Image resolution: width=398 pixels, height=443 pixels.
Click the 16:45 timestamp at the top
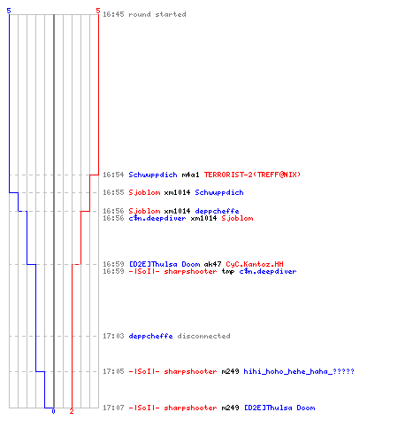coord(113,14)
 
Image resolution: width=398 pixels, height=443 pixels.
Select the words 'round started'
coord(157,14)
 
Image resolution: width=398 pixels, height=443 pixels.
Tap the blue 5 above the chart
coord(9,11)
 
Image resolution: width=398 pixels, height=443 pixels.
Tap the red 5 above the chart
coord(98,11)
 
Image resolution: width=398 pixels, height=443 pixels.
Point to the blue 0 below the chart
coord(53,411)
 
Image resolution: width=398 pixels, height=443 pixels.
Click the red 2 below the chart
coord(72,411)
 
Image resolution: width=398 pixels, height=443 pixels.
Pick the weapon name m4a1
coord(190,175)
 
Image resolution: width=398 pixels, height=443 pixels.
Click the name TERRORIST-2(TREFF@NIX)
coord(252,175)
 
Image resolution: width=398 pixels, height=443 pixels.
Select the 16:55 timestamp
coord(113,192)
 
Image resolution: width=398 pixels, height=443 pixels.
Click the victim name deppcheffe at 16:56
coord(217,211)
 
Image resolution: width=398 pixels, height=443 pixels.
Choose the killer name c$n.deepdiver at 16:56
coord(157,218)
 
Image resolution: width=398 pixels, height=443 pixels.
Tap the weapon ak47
coord(212,264)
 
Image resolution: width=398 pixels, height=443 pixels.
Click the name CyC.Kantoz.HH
coord(255,264)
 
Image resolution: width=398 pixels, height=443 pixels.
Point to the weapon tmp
coord(228,271)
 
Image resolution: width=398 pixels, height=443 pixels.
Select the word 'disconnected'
coord(203,336)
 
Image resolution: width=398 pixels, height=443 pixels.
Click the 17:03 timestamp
coord(113,336)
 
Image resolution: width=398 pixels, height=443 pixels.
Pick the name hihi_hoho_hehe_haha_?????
coord(299,371)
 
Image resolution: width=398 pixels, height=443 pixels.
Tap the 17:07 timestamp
coord(113,408)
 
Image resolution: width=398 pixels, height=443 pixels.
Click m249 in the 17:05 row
coord(230,371)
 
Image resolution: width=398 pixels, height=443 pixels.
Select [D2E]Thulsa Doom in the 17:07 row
coord(279,408)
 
